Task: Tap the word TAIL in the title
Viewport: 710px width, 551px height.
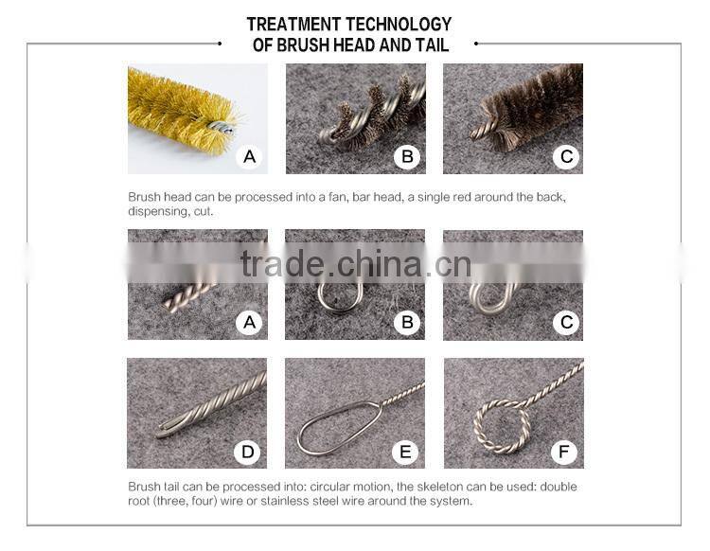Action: [432, 44]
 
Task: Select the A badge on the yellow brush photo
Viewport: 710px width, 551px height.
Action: [249, 156]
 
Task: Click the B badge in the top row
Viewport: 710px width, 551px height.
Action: [407, 156]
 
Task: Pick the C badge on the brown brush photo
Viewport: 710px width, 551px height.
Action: [566, 156]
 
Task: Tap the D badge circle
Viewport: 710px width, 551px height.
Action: [249, 452]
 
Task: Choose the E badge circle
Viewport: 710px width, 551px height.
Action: [407, 452]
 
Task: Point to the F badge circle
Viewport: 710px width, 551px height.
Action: [566, 452]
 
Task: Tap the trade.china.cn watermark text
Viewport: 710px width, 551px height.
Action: [355, 264]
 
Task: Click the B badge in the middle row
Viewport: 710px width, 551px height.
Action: [407, 323]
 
